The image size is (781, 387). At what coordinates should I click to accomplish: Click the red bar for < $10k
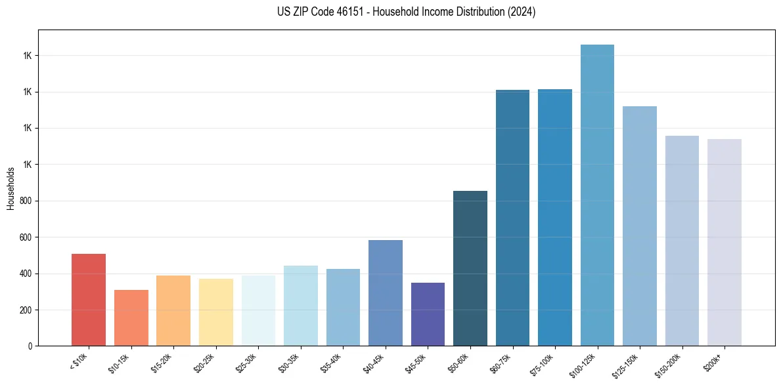click(88, 300)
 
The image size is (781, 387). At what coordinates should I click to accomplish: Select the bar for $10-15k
click(131, 318)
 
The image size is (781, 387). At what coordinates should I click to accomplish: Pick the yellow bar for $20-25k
click(215, 312)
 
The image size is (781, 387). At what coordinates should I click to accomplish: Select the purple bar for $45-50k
click(428, 314)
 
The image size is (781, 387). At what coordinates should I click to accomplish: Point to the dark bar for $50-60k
click(470, 268)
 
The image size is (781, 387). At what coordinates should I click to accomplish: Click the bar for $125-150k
click(639, 226)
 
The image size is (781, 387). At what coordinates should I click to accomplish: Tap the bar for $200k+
click(724, 243)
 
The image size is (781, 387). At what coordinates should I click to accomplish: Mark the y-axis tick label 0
click(30, 346)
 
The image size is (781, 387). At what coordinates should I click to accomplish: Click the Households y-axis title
click(11, 188)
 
